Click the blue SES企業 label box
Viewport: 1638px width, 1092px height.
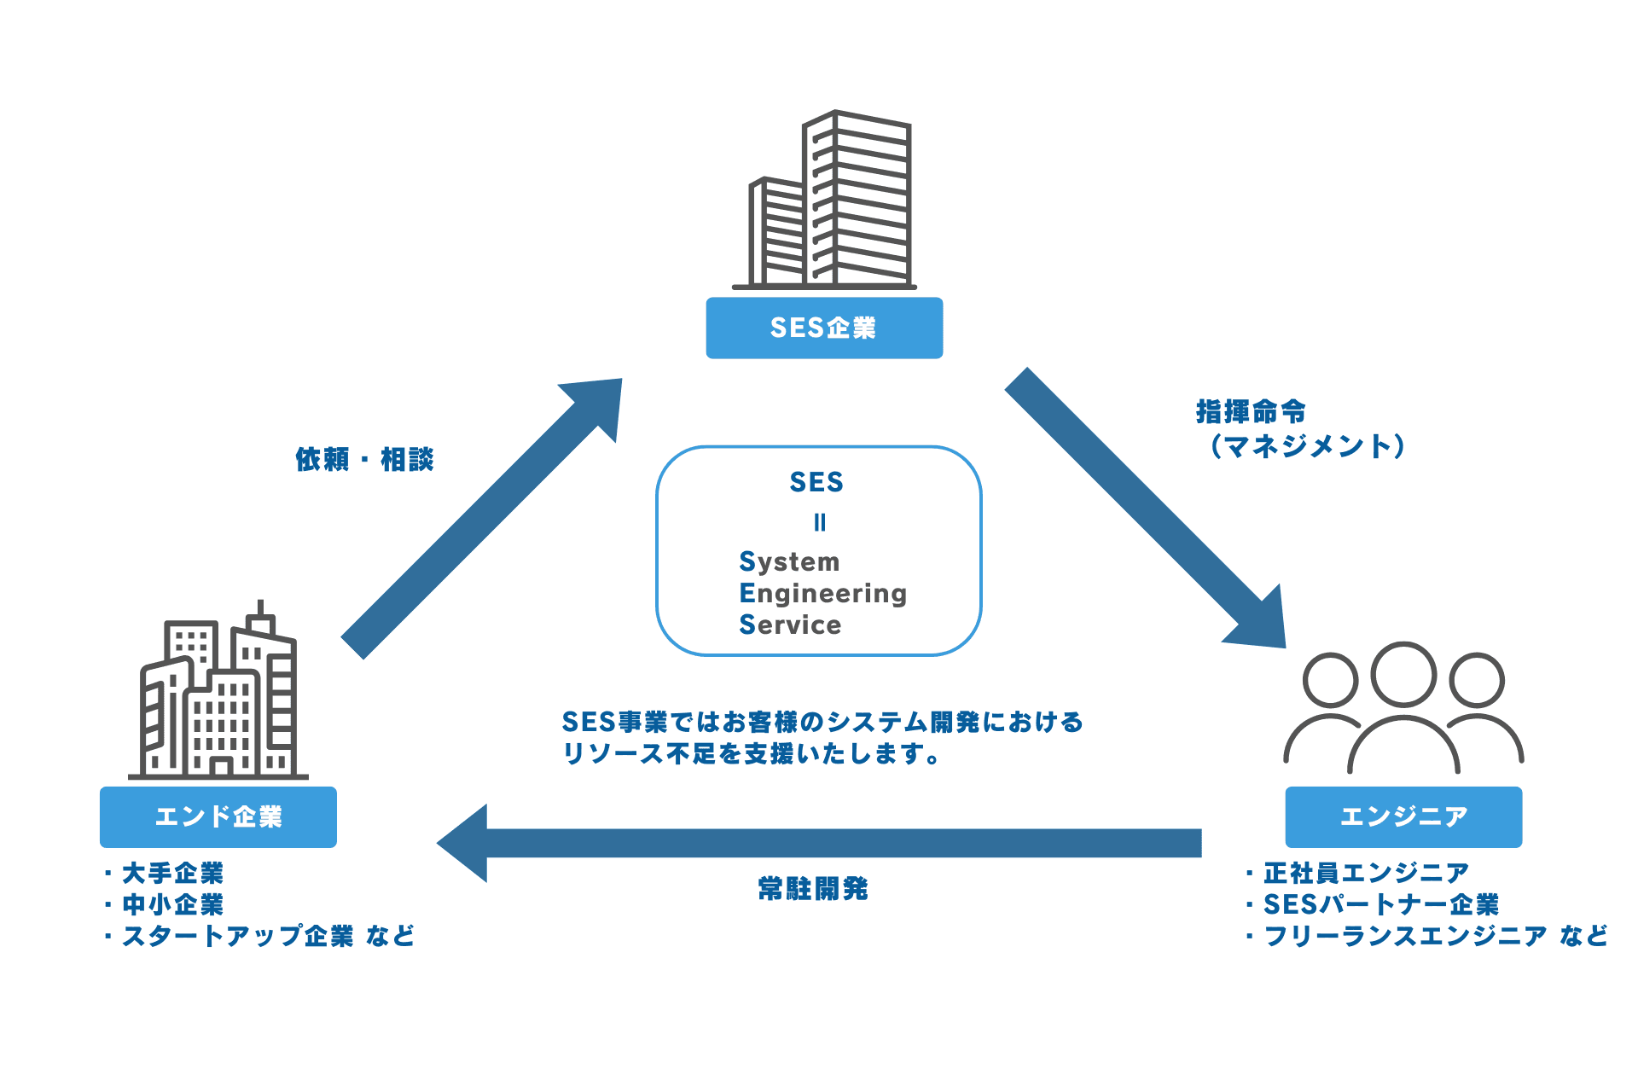point(824,328)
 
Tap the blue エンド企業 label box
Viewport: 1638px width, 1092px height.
point(218,816)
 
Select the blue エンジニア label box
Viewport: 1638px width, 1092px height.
point(1403,816)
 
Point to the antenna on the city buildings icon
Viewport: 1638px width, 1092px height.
point(261,608)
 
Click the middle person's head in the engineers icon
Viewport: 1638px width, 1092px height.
point(1403,674)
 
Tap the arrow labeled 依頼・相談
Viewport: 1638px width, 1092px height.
point(478,520)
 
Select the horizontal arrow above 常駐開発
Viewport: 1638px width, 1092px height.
point(819,843)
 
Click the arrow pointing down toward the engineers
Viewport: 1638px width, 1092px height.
point(1143,508)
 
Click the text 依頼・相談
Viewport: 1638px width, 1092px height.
point(364,460)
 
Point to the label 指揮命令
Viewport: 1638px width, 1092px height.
point(1251,411)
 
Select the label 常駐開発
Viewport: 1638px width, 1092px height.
point(813,889)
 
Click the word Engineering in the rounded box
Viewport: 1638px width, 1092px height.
point(822,593)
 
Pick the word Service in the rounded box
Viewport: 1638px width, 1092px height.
point(790,624)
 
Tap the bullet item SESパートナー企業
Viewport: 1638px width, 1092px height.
point(1380,904)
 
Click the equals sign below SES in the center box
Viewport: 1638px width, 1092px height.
point(820,522)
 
